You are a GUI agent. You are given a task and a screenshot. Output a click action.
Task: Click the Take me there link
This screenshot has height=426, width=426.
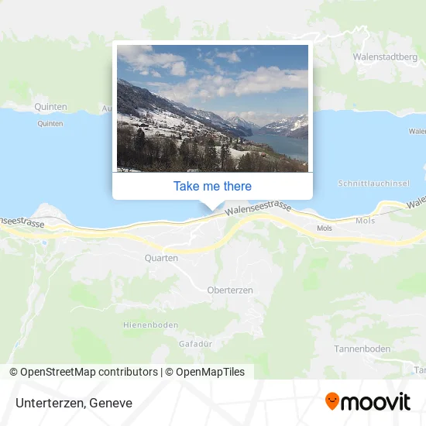click(212, 186)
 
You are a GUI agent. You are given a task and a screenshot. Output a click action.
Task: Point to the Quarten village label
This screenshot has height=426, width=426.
click(161, 258)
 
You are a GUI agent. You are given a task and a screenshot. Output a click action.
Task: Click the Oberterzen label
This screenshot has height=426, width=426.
click(230, 290)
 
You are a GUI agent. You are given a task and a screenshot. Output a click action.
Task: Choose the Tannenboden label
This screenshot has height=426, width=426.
click(362, 349)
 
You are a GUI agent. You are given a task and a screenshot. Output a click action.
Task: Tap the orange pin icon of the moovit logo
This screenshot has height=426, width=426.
click(332, 401)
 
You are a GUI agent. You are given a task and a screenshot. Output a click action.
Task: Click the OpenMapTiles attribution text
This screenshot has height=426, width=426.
click(210, 372)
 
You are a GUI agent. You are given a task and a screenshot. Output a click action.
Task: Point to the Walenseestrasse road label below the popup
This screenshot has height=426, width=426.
click(256, 208)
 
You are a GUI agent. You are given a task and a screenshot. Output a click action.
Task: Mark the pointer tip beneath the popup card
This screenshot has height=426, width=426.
click(212, 207)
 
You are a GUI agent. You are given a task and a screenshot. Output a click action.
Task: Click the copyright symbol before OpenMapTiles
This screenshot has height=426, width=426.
click(169, 372)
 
